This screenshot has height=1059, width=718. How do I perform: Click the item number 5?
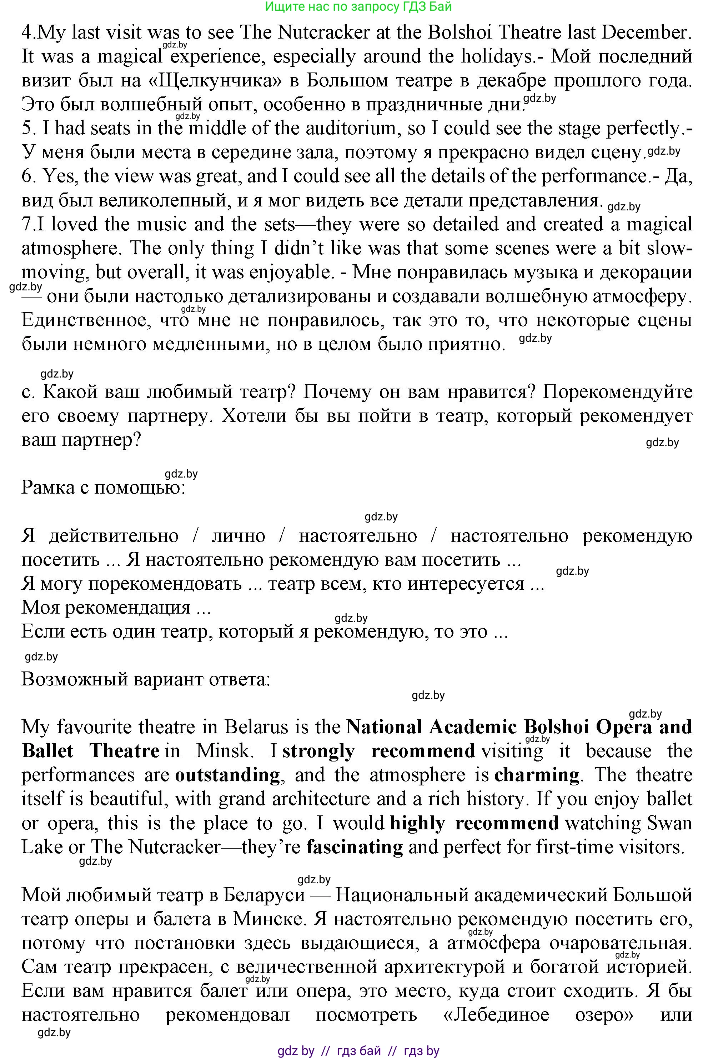(28, 129)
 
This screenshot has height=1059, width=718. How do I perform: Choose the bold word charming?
(536, 775)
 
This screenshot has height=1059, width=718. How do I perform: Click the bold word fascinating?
(355, 846)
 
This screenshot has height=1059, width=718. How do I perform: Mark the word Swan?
(669, 823)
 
